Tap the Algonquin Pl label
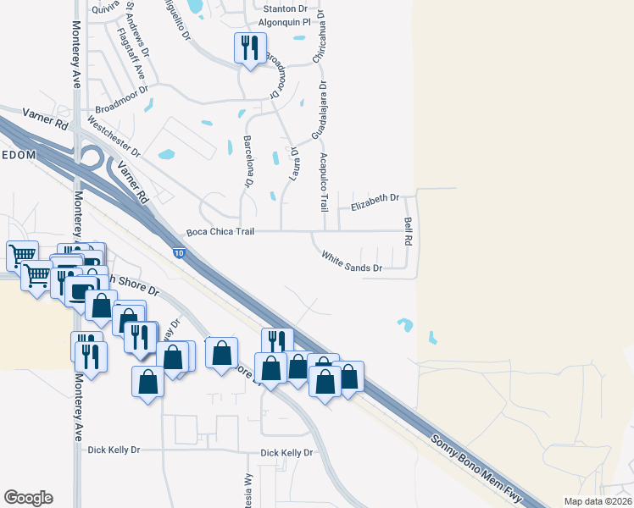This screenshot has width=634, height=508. pos(286,24)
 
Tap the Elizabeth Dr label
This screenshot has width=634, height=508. pos(375,197)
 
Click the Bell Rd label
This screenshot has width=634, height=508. pos(408,231)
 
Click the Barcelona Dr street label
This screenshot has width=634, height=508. pos(249,160)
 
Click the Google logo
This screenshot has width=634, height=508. pos(28,498)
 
